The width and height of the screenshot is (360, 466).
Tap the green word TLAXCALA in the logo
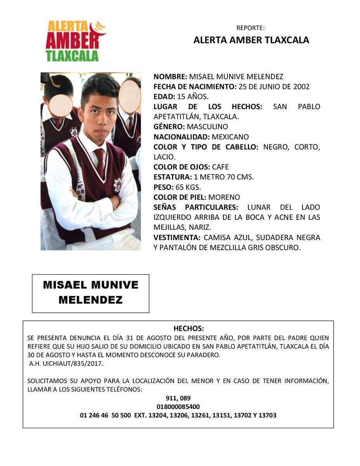[x=72, y=56]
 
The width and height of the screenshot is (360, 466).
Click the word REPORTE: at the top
[x=250, y=28]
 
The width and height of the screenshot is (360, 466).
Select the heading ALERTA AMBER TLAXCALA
[x=251, y=40]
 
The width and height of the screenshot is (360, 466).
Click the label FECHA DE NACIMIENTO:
[x=195, y=87]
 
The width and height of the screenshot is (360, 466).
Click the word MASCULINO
[x=207, y=127]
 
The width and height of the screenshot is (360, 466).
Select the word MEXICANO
[x=230, y=137]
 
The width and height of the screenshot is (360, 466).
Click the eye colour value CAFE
[x=220, y=167]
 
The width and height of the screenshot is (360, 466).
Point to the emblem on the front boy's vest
[x=117, y=184]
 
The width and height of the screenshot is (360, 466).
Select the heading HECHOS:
[x=188, y=329]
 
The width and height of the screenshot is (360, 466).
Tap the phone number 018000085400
[x=178, y=407]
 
